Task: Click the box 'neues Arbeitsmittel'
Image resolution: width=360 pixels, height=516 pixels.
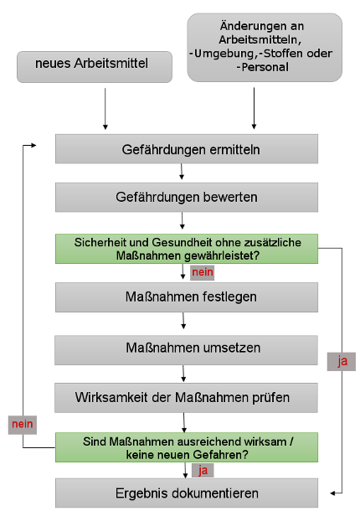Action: pyautogui.click(x=95, y=67)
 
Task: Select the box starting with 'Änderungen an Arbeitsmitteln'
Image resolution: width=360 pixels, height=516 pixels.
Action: pyautogui.click(x=265, y=48)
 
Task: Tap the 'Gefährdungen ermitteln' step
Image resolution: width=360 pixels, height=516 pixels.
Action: pyautogui.click(x=187, y=149)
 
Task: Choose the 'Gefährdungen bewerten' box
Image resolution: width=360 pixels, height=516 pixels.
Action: pyautogui.click(x=187, y=197)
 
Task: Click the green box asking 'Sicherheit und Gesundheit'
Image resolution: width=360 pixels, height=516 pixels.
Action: pyautogui.click(x=187, y=249)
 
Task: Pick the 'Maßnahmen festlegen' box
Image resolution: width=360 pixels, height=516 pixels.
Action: pyautogui.click(x=187, y=297)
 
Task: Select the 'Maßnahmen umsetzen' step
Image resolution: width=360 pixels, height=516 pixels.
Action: pyautogui.click(x=186, y=350)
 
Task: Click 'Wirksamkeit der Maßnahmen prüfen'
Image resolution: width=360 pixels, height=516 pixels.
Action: pyautogui.click(x=186, y=398)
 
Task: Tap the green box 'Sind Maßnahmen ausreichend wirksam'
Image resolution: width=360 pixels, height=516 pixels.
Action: pyautogui.click(x=187, y=447)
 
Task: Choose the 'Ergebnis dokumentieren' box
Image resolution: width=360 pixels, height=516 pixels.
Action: pyautogui.click(x=187, y=493)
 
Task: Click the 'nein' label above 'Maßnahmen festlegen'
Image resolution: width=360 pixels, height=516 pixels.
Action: pyautogui.click(x=203, y=273)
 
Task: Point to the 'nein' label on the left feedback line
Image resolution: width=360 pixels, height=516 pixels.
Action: pyautogui.click(x=23, y=425)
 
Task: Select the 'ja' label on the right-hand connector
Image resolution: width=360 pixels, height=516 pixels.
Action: pyautogui.click(x=342, y=361)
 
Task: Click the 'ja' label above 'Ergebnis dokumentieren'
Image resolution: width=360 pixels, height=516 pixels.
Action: pyautogui.click(x=203, y=470)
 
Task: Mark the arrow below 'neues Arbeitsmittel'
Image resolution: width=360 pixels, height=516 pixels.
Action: pyautogui.click(x=105, y=109)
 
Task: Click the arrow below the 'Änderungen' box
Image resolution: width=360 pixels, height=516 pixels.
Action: pyautogui.click(x=254, y=108)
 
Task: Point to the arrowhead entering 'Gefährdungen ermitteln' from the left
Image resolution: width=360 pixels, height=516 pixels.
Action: pyautogui.click(x=33, y=145)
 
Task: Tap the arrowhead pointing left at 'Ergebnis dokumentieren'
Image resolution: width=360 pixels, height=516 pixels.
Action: pyautogui.click(x=332, y=493)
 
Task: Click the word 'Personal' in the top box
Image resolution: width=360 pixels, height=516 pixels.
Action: pyautogui.click(x=265, y=67)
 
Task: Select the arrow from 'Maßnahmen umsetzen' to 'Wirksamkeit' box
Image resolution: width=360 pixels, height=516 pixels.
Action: pyautogui.click(x=183, y=374)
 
